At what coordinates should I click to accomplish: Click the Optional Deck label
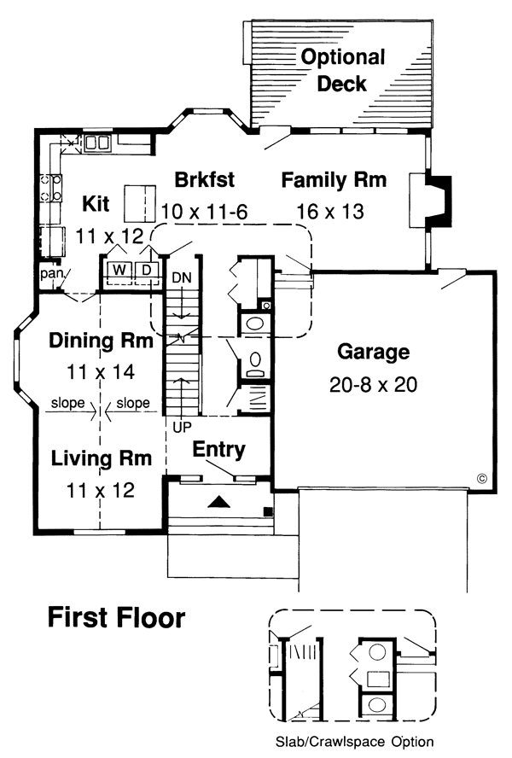pos(342,70)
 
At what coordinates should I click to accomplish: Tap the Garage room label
pos(373,352)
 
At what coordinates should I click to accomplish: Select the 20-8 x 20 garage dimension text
pos(373,385)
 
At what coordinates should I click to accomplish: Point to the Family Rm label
pos(334,180)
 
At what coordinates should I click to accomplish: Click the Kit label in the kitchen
pos(96,203)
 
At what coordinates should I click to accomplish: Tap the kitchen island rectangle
pos(142,202)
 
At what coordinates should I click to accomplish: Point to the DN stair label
pos(181,278)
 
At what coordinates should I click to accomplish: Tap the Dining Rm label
pos(100,341)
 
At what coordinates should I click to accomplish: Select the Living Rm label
pos(100,458)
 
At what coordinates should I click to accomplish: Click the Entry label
pos(219,449)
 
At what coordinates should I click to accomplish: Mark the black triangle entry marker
pos(219,503)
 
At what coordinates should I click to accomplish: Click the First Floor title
pos(115,616)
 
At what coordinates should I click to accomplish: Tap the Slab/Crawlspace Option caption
pos(354,742)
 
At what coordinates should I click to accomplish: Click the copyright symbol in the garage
pos(481,479)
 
